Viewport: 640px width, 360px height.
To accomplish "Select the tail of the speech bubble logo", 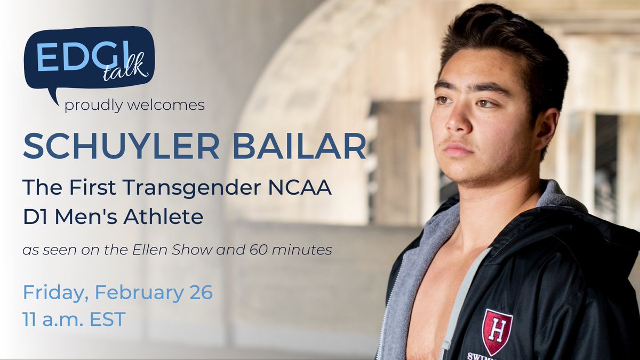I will (53, 96).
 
